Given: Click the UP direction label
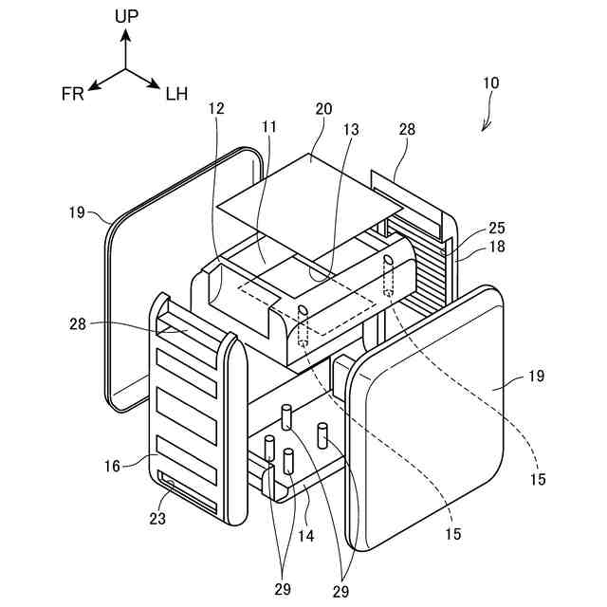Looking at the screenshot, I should click(126, 15).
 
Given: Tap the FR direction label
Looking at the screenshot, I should click(72, 93).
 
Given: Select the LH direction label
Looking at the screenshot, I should click(176, 93).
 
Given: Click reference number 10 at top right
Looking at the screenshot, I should click(490, 83).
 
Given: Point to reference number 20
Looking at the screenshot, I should click(324, 108).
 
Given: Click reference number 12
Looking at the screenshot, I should click(216, 108).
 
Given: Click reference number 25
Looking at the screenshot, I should click(497, 229).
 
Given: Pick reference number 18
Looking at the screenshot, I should click(497, 246).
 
